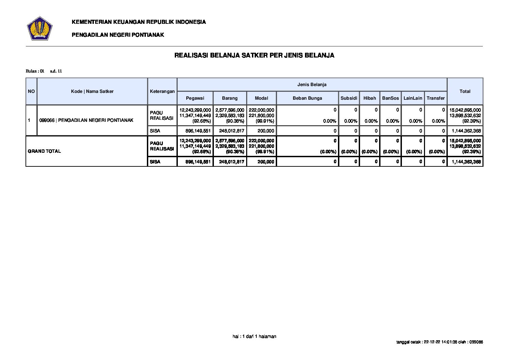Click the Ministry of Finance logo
tap(39, 28)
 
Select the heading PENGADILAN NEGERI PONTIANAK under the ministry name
tap(118, 35)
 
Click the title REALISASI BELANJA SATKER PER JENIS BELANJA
tap(254, 55)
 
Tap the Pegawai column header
tap(195, 98)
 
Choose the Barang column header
tap(230, 98)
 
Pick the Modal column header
tap(261, 98)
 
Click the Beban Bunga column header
tap(307, 98)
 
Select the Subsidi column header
tap(349, 98)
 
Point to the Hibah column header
tap(370, 98)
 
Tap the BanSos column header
tap(390, 98)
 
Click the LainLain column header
tap(413, 98)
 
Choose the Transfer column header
tap(436, 98)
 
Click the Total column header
tap(465, 91)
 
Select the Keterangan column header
tap(162, 91)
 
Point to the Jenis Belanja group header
tap(312, 84)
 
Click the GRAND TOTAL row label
tap(45, 151)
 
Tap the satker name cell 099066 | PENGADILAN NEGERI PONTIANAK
tap(86, 120)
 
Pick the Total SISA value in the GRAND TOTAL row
tap(466, 162)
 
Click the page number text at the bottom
tap(254, 337)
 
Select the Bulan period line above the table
tap(44, 71)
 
